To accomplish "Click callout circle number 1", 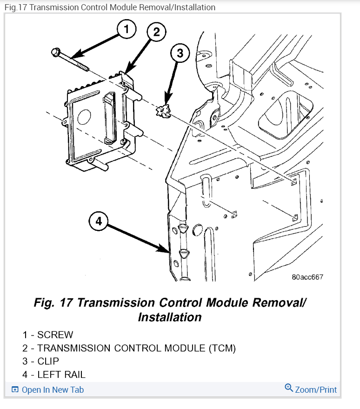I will tap(126, 29).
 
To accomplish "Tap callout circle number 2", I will tap(156, 32).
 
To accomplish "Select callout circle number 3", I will tap(180, 54).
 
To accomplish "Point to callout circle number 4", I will tap(98, 221).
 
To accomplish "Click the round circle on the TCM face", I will tap(84, 115).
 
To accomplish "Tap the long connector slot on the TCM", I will tap(109, 117).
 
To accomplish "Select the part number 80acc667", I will tap(307, 277).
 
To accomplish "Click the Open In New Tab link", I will tap(53, 389).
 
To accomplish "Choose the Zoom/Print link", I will tap(316, 389).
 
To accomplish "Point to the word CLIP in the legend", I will tap(48, 361).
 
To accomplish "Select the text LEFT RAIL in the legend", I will tap(61, 374).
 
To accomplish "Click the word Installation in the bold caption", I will tap(169, 317).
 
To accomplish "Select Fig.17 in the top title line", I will tap(15, 7).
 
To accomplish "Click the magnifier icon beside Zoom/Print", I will tap(289, 389).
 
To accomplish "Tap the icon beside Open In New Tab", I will tap(15, 389).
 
